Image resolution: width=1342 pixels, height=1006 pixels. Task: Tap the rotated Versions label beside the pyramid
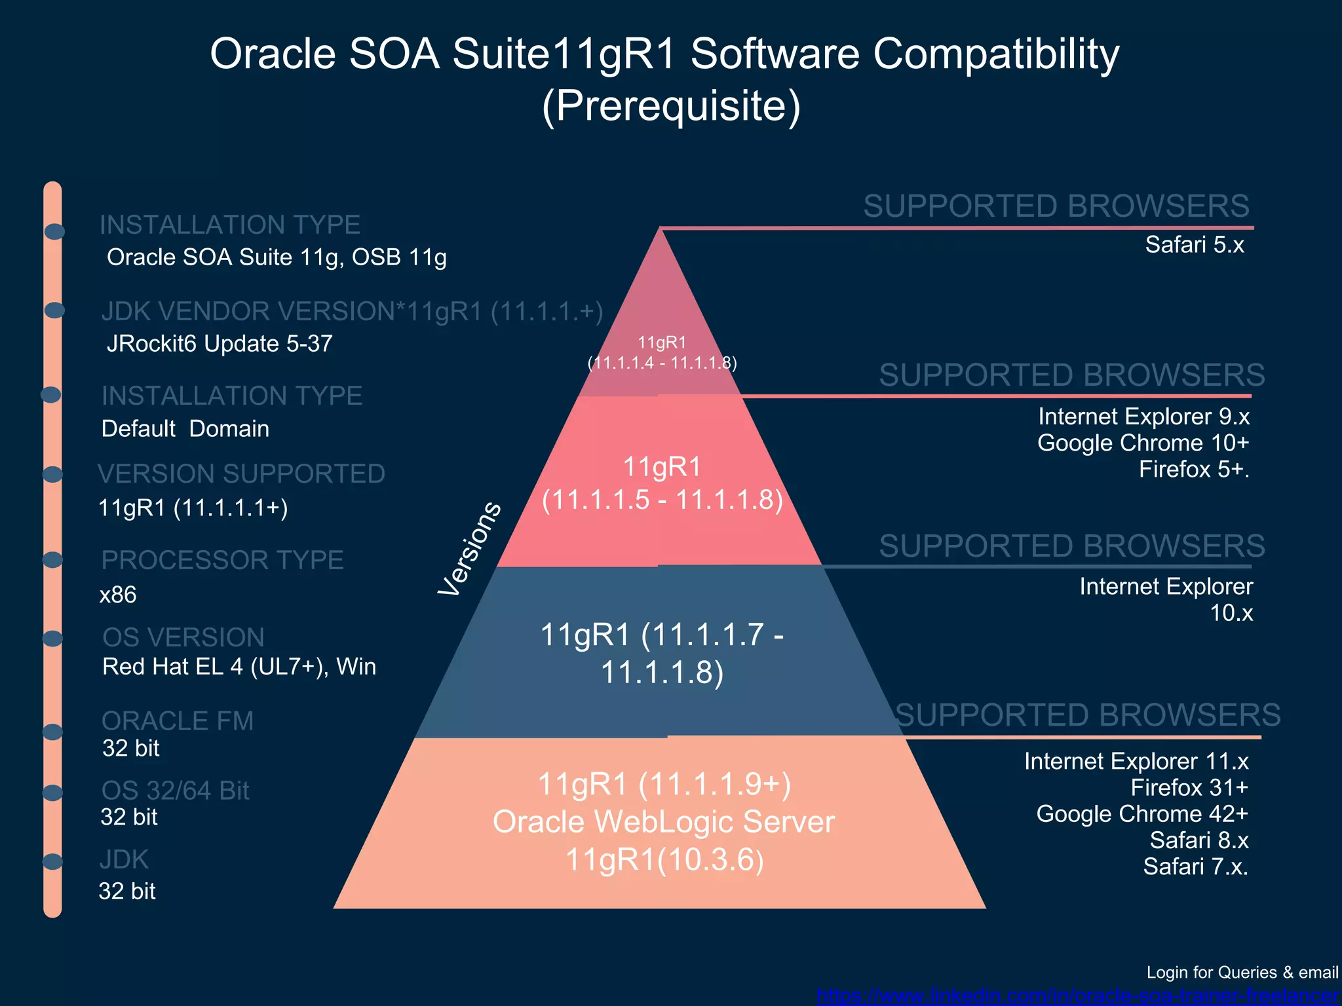click(470, 549)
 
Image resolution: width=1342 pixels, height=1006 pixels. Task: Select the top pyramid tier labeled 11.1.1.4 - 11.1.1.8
click(662, 352)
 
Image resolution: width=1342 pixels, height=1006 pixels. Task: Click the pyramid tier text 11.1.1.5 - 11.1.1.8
click(662, 500)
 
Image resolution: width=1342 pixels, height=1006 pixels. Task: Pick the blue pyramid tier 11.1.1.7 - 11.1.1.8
click(662, 653)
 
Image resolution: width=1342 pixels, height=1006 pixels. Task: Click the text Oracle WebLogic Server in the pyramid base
click(663, 822)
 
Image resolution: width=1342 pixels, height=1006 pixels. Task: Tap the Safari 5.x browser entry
click(1194, 245)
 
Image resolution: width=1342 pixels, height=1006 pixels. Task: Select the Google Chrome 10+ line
click(1143, 443)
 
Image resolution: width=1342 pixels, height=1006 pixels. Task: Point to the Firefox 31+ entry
click(1189, 788)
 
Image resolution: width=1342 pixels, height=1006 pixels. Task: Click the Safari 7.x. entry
click(1195, 866)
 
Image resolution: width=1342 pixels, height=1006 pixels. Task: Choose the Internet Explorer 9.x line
click(1143, 417)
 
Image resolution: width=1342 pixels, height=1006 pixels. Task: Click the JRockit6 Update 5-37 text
click(220, 344)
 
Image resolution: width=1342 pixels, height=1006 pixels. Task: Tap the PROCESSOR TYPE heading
click(222, 561)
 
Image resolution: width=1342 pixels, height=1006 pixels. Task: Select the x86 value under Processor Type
click(118, 595)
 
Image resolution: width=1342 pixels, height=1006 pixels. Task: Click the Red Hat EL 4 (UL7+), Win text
click(239, 667)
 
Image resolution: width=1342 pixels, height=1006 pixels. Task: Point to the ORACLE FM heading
click(177, 721)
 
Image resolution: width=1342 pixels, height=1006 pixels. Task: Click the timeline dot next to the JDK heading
click(52, 861)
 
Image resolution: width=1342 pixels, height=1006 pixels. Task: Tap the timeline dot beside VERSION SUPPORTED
click(52, 474)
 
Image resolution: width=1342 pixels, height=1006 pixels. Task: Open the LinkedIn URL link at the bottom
click(1077, 996)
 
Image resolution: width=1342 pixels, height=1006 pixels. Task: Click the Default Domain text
click(185, 429)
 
